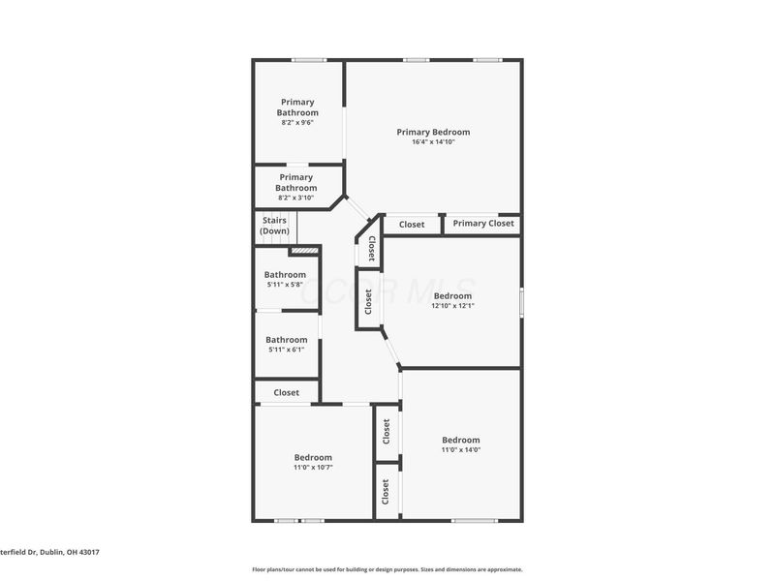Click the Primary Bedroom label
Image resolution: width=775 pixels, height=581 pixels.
point(433,132)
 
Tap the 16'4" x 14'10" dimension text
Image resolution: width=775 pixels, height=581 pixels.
point(433,142)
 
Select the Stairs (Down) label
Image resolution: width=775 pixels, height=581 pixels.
point(274,226)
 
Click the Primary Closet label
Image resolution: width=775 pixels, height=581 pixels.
point(482,225)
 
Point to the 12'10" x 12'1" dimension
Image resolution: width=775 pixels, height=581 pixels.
point(452,306)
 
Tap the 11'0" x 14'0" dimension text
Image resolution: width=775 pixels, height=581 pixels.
point(461,449)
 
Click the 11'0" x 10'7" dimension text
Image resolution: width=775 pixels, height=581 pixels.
point(313,467)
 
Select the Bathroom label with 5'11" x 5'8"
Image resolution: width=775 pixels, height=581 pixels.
point(285,275)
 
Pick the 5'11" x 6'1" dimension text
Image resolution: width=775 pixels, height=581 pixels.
point(287,350)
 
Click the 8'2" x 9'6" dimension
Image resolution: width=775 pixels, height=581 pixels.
point(297,123)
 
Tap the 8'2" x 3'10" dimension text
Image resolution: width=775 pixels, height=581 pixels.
point(296,198)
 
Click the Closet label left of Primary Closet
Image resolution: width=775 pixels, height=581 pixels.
point(412,225)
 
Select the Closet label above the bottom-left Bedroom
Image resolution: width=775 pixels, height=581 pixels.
point(286,393)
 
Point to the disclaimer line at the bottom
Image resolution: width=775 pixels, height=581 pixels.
point(387,569)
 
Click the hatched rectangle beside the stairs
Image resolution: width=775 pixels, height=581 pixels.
point(304,251)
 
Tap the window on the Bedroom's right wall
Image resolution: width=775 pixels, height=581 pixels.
point(520,301)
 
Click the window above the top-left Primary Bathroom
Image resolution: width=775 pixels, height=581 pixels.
point(309,61)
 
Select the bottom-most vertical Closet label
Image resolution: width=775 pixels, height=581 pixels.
point(386,492)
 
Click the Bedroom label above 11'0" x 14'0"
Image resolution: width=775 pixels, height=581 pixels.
point(461,440)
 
